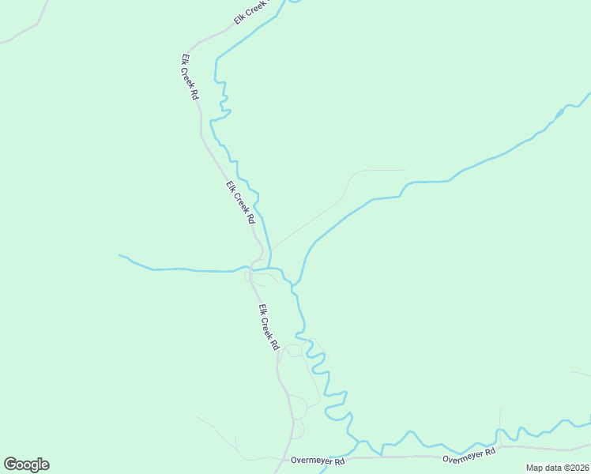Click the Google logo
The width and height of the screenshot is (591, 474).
pos(26,465)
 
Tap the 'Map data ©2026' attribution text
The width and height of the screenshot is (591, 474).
pos(557,468)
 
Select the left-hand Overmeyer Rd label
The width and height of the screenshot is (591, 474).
pos(318,461)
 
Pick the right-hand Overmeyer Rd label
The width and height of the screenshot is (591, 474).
pos(469,455)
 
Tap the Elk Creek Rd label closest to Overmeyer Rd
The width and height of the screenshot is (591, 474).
pos(269,327)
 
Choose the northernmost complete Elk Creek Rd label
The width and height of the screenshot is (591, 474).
pos(190,77)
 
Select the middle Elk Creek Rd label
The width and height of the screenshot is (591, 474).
pos(240,202)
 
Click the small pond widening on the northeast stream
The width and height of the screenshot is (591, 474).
pos(559,115)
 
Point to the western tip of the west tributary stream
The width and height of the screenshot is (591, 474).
pos(120,255)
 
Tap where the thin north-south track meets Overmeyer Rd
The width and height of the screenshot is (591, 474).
pos(500,447)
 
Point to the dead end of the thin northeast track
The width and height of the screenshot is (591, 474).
pos(405,170)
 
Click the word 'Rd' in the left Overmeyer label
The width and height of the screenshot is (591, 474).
pos(340,461)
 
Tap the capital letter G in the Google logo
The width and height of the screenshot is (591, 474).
pos(10,465)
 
